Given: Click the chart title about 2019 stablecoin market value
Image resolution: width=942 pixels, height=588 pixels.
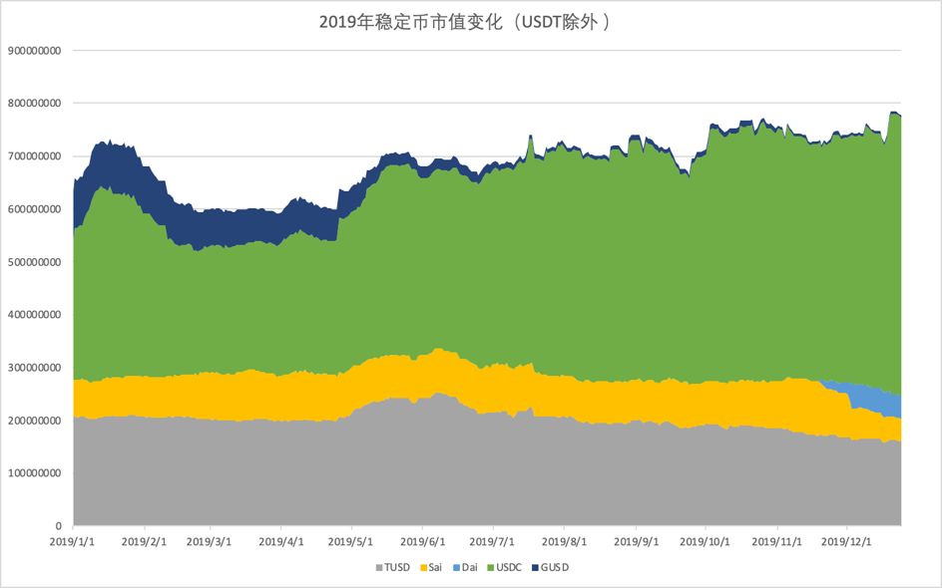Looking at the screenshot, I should pos(471,21).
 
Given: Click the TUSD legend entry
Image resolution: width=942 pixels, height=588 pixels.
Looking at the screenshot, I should pos(391,567).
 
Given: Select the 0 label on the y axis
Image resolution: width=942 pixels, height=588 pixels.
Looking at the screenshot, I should pos(58,526).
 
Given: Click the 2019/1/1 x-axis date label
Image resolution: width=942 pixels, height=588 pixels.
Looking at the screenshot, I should pos(74,542).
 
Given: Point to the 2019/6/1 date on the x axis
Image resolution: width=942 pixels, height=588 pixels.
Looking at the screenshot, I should pos(423,542).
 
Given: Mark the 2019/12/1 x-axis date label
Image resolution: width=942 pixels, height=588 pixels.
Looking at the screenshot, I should pos(846,542).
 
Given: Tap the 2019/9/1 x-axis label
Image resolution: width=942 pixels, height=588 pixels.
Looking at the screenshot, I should pos(636,542).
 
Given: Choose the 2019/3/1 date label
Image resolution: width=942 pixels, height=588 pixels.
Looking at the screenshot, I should pos(211,542).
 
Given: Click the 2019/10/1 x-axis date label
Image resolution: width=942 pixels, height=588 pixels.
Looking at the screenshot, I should pos(706,542).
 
